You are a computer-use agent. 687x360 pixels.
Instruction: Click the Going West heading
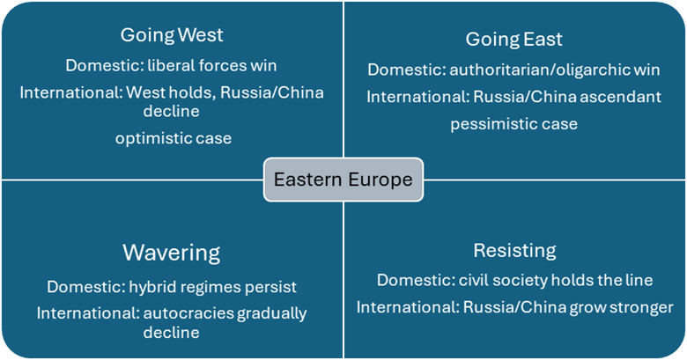(172, 35)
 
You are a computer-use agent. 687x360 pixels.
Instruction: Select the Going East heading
(514, 40)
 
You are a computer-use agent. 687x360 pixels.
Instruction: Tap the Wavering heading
(172, 253)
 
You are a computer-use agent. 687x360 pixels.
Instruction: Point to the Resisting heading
(515, 251)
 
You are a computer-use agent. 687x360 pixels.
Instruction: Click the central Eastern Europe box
(343, 180)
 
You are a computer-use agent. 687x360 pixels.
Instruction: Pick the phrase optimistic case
(174, 138)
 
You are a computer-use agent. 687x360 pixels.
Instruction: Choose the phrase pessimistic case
(514, 124)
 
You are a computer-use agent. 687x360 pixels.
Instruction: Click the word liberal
(171, 66)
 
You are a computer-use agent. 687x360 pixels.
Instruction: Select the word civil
(471, 280)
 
